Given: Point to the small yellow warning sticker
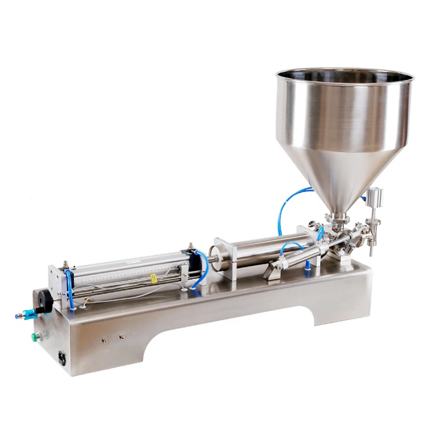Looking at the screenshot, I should pos(153,278).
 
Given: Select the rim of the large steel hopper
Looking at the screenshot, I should pos(345,73).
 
